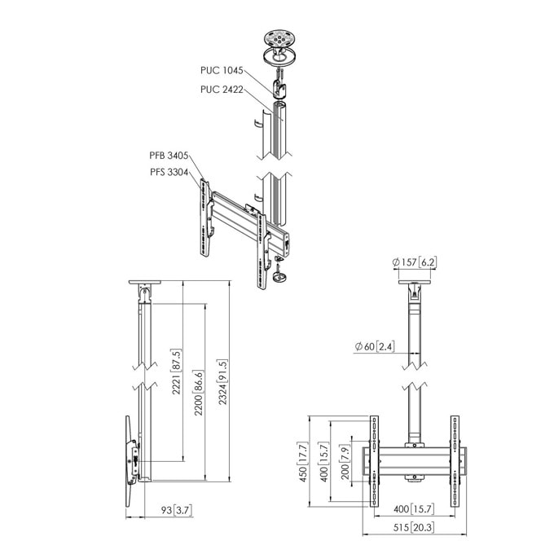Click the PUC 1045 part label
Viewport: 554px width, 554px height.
click(222, 70)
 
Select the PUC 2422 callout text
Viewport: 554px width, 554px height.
click(222, 90)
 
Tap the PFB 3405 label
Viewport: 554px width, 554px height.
click(169, 156)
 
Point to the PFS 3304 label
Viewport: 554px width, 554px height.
click(169, 172)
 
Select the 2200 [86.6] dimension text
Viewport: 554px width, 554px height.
click(199, 393)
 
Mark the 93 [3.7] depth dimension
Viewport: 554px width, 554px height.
click(177, 510)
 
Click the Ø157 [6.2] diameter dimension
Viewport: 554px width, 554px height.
click(414, 262)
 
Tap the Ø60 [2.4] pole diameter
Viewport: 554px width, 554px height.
click(375, 346)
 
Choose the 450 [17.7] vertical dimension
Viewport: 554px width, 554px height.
click(303, 462)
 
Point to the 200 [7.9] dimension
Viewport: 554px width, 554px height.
click(345, 461)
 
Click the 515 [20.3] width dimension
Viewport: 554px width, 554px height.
click(413, 527)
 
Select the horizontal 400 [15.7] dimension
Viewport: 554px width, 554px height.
click(413, 509)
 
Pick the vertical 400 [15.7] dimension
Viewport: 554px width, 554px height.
click(323, 461)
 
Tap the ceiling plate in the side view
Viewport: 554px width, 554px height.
click(144, 282)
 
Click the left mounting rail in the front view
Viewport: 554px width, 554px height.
click(374, 461)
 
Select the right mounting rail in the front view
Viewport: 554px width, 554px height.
click(455, 461)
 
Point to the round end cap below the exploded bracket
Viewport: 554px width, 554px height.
click(279, 277)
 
